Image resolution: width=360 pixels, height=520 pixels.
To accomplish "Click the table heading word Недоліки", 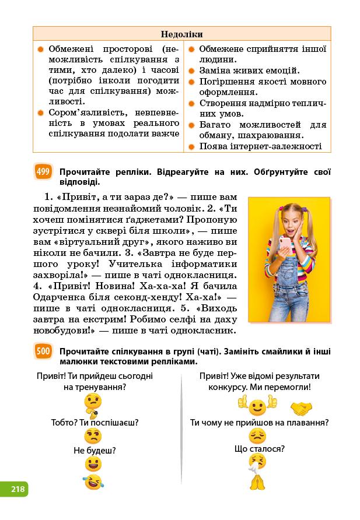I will (x=181, y=34).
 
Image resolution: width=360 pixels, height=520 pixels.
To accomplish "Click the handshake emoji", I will (x=302, y=406).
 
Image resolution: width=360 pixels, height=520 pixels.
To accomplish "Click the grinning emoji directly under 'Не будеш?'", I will (x=93, y=464).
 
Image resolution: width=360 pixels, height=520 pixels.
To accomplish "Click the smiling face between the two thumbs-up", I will (x=257, y=406).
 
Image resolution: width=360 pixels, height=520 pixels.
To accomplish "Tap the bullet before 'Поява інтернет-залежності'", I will (x=191, y=146).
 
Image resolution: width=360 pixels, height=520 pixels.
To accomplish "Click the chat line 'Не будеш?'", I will (x=95, y=450).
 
